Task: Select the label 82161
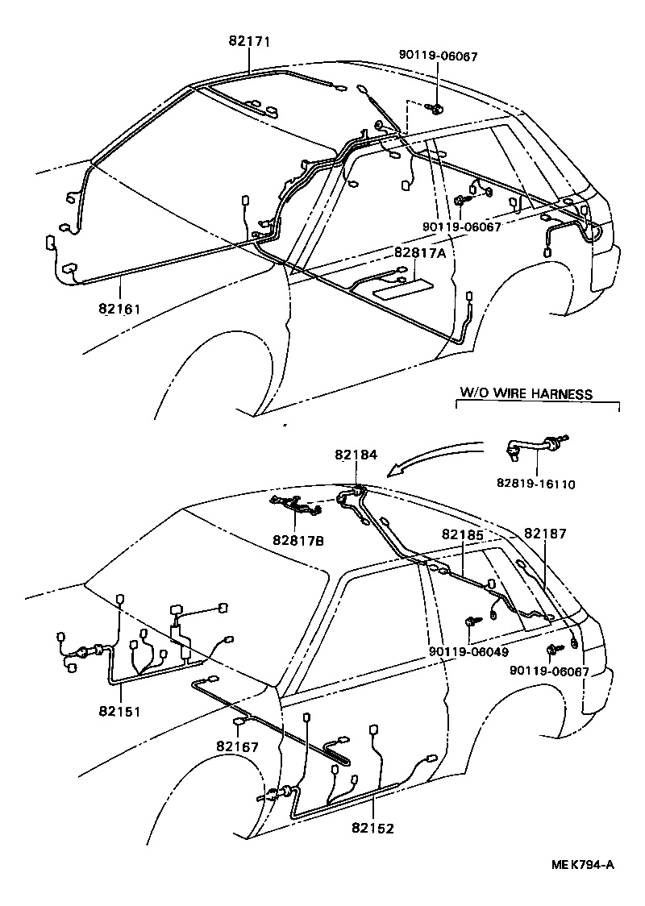(x=120, y=308)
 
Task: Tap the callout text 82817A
(x=420, y=252)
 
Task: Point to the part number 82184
(x=356, y=455)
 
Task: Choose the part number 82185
(x=463, y=534)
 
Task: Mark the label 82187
(x=545, y=533)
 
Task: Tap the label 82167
(x=237, y=746)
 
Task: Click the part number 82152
(x=372, y=828)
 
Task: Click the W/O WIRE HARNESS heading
(x=526, y=394)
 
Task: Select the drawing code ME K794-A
(x=583, y=865)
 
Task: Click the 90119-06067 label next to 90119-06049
(x=549, y=671)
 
